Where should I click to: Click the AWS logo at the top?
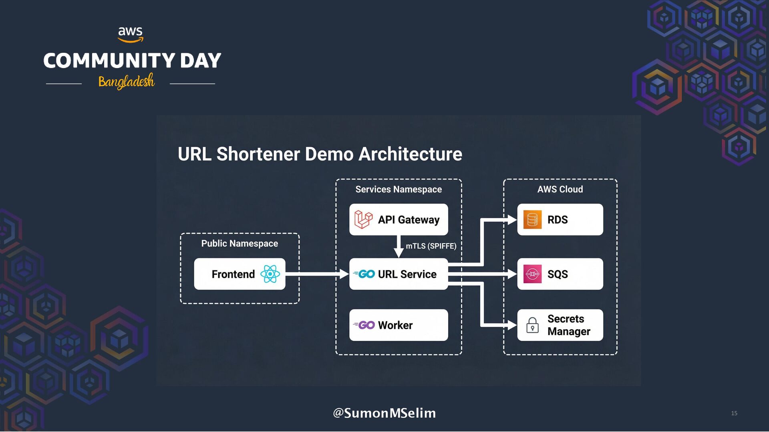tap(131, 34)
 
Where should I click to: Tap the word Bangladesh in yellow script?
tap(126, 82)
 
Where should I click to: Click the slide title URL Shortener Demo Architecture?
tap(320, 154)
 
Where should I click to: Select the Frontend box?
tap(240, 274)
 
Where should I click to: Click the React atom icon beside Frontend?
tap(270, 274)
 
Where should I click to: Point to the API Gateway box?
tap(399, 220)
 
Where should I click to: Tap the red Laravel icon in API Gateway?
tap(363, 220)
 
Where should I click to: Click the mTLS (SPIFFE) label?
tap(431, 246)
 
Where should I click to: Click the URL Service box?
tap(399, 274)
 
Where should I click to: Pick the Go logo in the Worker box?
tap(364, 325)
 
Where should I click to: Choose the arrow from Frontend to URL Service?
tap(316, 274)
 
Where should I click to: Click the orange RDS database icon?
tap(532, 220)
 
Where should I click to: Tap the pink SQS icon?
tap(532, 274)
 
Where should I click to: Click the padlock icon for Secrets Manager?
tap(532, 325)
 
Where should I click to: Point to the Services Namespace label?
tap(399, 189)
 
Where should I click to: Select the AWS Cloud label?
tap(560, 189)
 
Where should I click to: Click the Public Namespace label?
tap(240, 244)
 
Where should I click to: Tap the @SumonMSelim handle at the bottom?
tap(384, 413)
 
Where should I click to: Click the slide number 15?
tap(734, 413)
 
